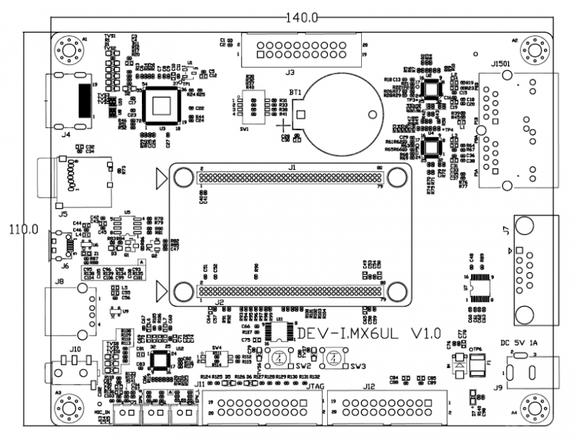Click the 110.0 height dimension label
[x=23, y=229]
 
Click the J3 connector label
[x=289, y=72]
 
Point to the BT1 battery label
[x=295, y=93]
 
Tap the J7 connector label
[x=505, y=231]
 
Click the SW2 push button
[x=277, y=357]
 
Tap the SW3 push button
[x=332, y=357]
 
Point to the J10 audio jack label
[x=75, y=349]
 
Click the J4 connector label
[x=66, y=134]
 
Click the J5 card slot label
[x=63, y=214]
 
